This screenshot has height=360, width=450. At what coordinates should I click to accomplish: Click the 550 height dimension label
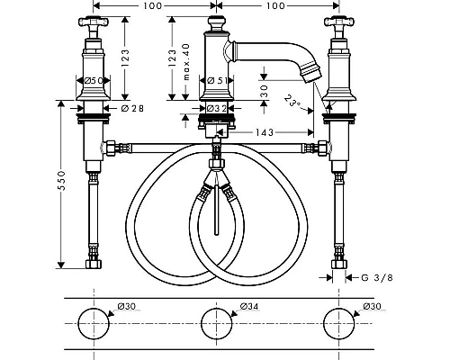point(61,180)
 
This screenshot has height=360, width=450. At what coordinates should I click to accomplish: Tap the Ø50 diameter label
point(94,80)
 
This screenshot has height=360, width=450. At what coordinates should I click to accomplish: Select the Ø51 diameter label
point(216,80)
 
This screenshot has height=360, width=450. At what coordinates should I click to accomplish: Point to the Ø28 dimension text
point(132,108)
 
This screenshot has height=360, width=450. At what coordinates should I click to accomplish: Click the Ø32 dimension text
point(217,108)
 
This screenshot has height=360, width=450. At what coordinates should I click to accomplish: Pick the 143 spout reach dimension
point(265,132)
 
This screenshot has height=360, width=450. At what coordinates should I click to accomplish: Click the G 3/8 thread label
point(377,278)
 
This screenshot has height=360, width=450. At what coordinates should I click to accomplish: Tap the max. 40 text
point(186,62)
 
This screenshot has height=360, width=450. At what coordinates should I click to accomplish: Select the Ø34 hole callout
point(249,306)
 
